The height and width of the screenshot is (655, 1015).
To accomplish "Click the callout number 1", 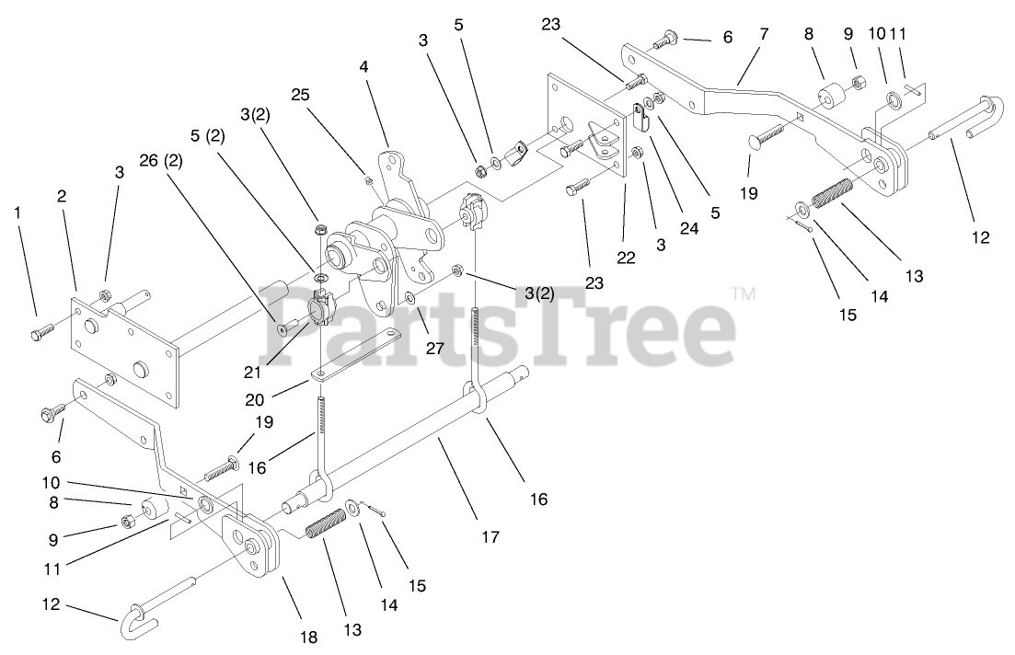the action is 17,214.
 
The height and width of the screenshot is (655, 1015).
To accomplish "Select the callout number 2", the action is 62,196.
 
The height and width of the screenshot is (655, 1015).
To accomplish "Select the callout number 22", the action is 627,259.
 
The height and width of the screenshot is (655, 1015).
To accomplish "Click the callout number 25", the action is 300,94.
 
